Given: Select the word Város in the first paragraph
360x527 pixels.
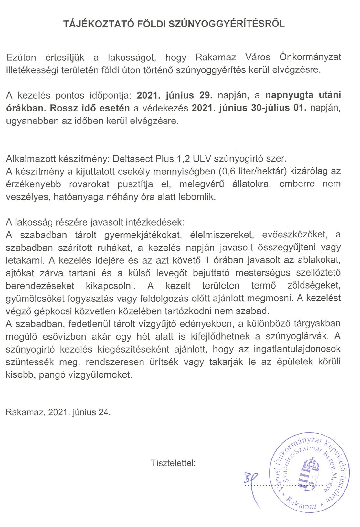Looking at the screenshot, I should [x=258, y=58].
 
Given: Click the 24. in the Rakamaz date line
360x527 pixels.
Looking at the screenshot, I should [x=104, y=413].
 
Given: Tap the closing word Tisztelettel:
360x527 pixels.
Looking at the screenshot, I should [x=174, y=463].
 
